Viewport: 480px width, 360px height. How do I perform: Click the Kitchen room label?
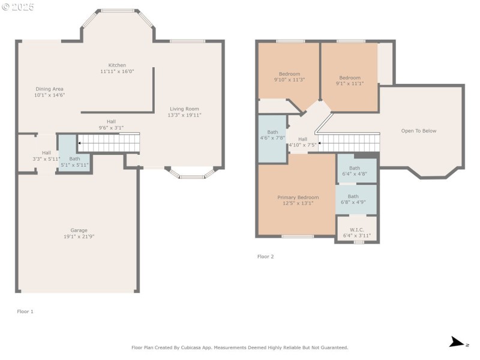(117, 65)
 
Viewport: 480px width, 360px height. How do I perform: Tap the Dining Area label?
(49, 89)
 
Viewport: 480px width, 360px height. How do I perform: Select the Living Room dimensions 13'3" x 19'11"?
(184, 115)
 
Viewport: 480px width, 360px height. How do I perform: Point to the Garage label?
(79, 230)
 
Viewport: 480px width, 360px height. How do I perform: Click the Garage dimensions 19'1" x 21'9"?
(79, 237)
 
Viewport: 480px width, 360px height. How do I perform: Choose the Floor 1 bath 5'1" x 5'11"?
(74, 162)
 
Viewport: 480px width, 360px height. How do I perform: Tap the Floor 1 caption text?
(25, 311)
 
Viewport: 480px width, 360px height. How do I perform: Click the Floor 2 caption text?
(265, 256)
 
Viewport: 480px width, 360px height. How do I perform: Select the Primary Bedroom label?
(298, 197)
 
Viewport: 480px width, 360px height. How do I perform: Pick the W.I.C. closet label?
(356, 229)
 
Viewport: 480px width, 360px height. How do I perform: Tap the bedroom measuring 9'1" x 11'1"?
(350, 80)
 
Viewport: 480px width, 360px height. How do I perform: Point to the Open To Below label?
(419, 131)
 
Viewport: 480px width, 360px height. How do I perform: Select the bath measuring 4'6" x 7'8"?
(272, 135)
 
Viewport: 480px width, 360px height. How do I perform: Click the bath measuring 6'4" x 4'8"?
(355, 171)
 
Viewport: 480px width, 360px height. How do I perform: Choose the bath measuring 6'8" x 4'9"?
(353, 199)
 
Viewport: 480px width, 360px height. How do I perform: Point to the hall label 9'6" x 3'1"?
(111, 124)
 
